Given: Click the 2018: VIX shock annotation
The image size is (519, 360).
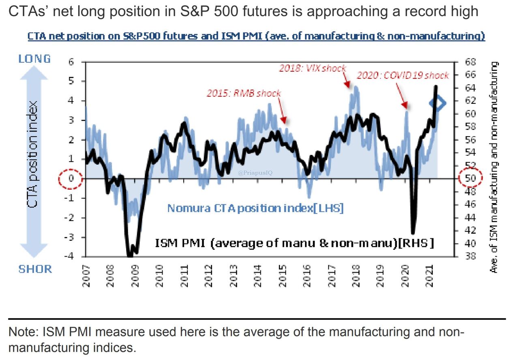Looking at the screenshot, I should pos(312,69).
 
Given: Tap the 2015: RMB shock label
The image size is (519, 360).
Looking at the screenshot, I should pos(244,93).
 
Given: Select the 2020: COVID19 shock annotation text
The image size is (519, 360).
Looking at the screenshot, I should pos(403,75).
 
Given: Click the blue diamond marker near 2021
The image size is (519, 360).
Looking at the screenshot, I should pos(438,104).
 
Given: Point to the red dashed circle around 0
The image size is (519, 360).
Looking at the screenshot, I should pos(71,178).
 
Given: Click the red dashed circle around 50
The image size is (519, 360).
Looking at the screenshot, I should pos(470,178).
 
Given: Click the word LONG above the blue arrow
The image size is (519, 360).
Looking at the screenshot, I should pos(34,59).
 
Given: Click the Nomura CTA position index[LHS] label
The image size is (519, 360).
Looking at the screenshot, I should pos(255,209).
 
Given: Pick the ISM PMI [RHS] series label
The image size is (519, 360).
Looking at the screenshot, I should pos(295,243).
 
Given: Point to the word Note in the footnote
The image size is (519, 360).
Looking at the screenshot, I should pos(22,332).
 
